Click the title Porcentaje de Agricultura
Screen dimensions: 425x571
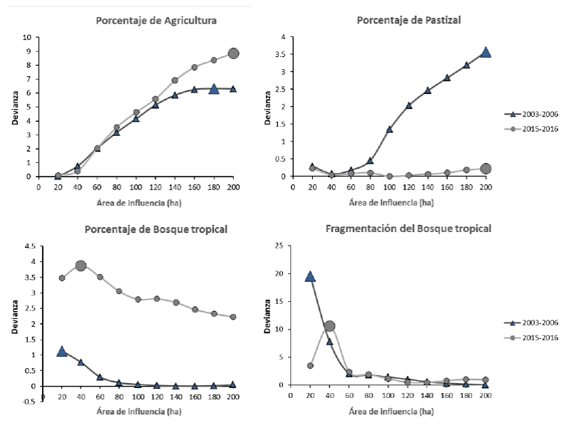click(x=156, y=21)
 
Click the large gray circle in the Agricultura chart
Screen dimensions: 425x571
click(x=233, y=53)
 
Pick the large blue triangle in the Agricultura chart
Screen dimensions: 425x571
click(x=214, y=89)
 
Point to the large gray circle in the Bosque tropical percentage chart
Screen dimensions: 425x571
click(x=80, y=266)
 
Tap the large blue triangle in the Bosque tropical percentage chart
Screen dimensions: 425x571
click(x=62, y=351)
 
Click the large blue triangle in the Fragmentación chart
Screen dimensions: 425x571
click(x=310, y=276)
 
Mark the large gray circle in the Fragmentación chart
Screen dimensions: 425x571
click(x=329, y=326)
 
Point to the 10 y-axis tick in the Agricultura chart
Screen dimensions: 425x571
click(x=28, y=37)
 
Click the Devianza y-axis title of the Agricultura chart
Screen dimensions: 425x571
click(x=14, y=107)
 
